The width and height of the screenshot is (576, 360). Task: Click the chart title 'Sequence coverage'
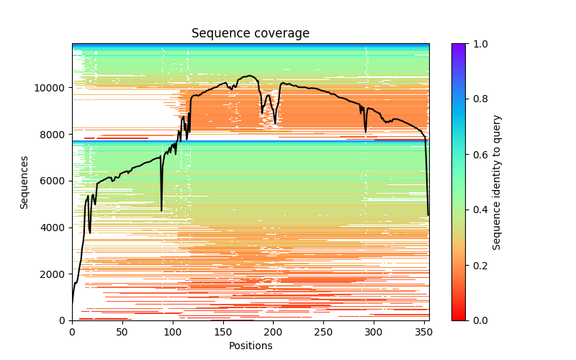pyautogui.click(x=251, y=33)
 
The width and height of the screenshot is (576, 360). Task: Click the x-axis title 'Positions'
pyautogui.click(x=251, y=346)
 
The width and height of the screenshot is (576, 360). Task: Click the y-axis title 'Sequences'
pyautogui.click(x=24, y=182)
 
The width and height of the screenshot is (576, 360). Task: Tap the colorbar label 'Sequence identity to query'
pyautogui.click(x=497, y=182)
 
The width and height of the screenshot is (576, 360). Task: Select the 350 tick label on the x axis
pyautogui.click(x=424, y=332)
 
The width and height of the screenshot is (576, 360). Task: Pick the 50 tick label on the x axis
pyautogui.click(x=122, y=332)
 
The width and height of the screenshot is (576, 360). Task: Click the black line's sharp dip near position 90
pyautogui.click(x=161, y=210)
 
